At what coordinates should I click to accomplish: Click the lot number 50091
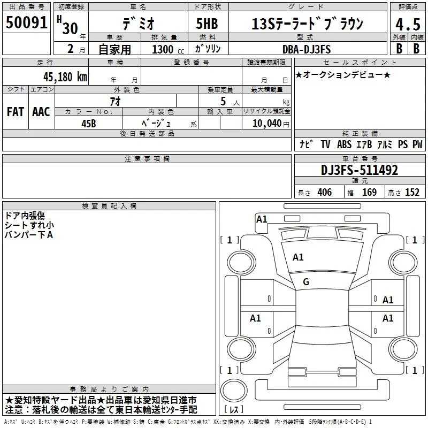[x=26, y=22]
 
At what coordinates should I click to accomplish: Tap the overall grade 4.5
[x=408, y=25]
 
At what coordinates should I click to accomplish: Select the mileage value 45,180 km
[x=65, y=77]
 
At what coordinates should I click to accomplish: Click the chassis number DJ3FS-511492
[x=360, y=170]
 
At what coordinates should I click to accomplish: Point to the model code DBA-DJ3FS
[x=307, y=49]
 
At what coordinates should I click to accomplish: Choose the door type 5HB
[x=207, y=24]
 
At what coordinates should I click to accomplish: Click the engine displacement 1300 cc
[x=168, y=49]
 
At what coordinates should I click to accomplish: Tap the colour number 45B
[x=89, y=124]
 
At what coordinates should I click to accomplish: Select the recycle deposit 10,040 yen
[x=271, y=124]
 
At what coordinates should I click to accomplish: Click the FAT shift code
[x=16, y=112]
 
